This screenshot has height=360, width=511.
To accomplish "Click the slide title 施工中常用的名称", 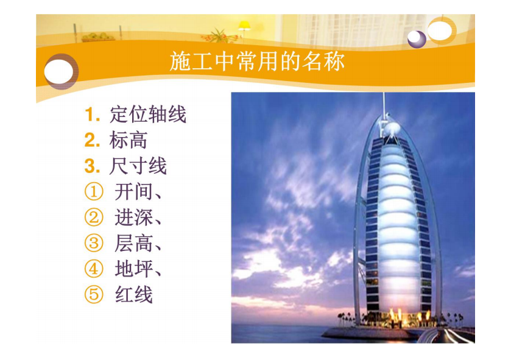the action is (257, 62).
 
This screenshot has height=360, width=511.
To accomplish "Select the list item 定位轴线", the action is (148, 115).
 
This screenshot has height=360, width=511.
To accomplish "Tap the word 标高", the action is (129, 140).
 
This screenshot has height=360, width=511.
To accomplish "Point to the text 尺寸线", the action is (138, 166).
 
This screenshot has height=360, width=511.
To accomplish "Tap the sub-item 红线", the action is (133, 294).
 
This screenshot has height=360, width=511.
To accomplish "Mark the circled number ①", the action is (94, 192).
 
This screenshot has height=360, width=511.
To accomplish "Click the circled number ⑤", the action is (94, 295).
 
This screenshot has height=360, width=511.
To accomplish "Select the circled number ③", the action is (94, 244).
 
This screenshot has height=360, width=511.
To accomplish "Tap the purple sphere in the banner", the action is (417, 39).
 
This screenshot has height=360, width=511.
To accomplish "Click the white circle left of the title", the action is (58, 71).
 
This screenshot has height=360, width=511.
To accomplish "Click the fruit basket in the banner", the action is (98, 37).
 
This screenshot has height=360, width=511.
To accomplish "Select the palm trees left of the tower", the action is (345, 319).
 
